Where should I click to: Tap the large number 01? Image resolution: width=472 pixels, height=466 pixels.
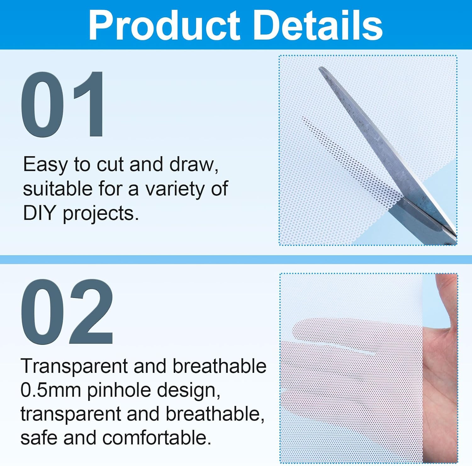[x=63, y=104]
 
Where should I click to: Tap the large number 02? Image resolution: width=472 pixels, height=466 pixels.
[x=67, y=312]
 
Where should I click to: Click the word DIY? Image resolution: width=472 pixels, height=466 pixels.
[x=39, y=213]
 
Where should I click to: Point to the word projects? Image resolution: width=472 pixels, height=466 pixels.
[x=101, y=214]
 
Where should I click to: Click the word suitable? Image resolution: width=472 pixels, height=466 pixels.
[x=57, y=189]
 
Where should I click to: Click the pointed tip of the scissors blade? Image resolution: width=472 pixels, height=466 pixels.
[x=320, y=68]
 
